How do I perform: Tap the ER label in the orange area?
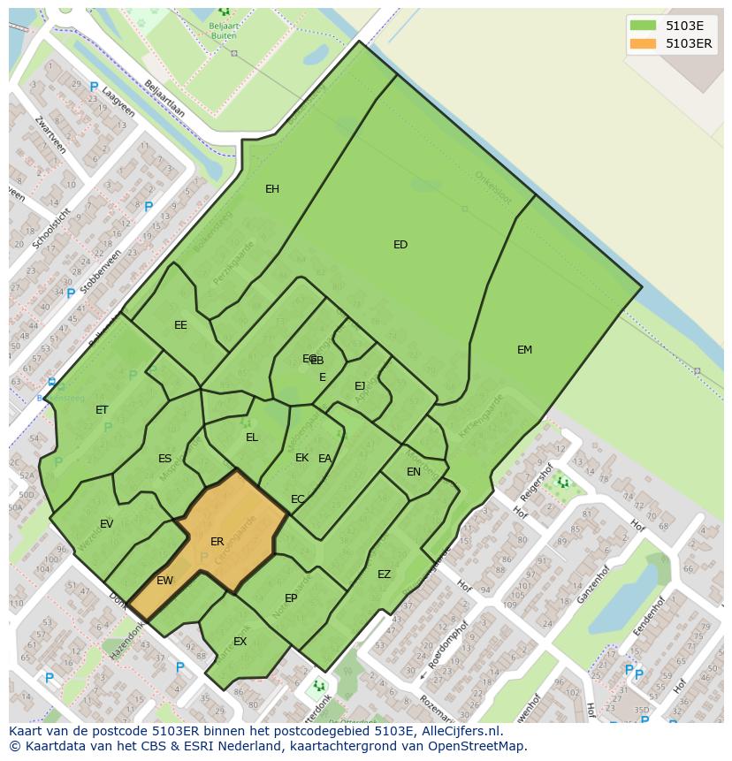tap(217, 542)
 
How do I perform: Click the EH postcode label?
tap(272, 189)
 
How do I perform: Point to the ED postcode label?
tap(400, 245)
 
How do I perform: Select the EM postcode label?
tap(524, 350)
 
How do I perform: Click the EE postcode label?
tap(180, 325)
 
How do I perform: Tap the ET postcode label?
tap(102, 410)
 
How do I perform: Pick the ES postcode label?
tap(164, 459)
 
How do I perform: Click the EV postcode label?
tap(106, 524)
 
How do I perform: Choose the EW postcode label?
tap(164, 581)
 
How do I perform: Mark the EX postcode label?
tap(240, 642)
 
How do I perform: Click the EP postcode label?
tap(291, 598)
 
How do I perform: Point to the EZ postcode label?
tap(384, 575)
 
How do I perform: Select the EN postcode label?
tap(414, 472)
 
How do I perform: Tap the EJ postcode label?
tap(360, 386)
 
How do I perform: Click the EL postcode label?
tap(252, 438)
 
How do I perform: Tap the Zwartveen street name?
tap(46, 133)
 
